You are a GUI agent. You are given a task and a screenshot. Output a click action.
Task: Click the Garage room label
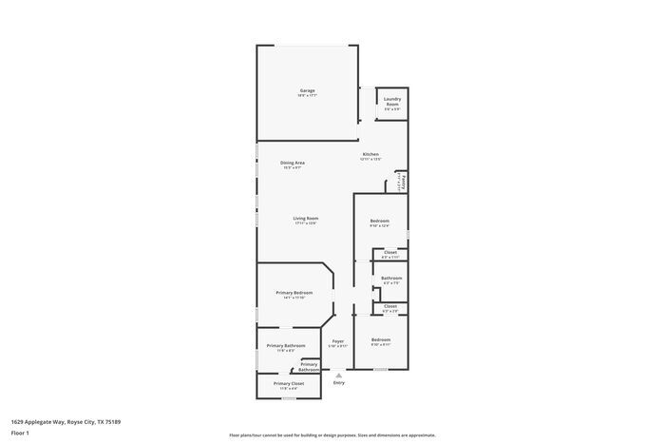click(x=306, y=91)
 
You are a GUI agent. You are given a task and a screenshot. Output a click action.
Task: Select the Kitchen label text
click(x=370, y=155)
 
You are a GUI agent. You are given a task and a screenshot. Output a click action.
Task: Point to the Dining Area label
click(x=292, y=164)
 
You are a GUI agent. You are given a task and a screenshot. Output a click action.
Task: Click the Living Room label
click(x=305, y=219)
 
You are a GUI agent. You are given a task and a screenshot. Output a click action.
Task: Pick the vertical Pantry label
click(x=404, y=181)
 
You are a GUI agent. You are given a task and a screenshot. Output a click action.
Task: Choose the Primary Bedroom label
click(x=294, y=293)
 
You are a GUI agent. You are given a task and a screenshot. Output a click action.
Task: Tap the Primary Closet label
click(x=287, y=383)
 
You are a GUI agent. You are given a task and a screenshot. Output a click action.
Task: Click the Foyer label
click(x=337, y=341)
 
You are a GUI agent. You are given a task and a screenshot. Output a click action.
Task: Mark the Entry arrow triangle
click(x=338, y=375)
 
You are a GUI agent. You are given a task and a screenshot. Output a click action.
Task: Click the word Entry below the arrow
click(x=338, y=383)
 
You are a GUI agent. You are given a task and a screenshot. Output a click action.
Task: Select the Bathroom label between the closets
click(x=391, y=279)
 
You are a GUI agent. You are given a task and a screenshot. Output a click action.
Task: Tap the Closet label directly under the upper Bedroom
click(x=389, y=253)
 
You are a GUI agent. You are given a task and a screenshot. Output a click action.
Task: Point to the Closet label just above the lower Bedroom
click(x=389, y=307)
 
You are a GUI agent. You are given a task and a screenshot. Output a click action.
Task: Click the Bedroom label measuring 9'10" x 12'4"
click(x=380, y=222)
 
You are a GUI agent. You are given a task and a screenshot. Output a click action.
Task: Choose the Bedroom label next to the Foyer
click(x=380, y=340)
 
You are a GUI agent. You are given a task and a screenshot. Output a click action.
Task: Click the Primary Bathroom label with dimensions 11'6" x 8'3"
click(x=286, y=346)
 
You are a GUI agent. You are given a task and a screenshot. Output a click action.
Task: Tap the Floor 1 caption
click(x=20, y=433)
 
